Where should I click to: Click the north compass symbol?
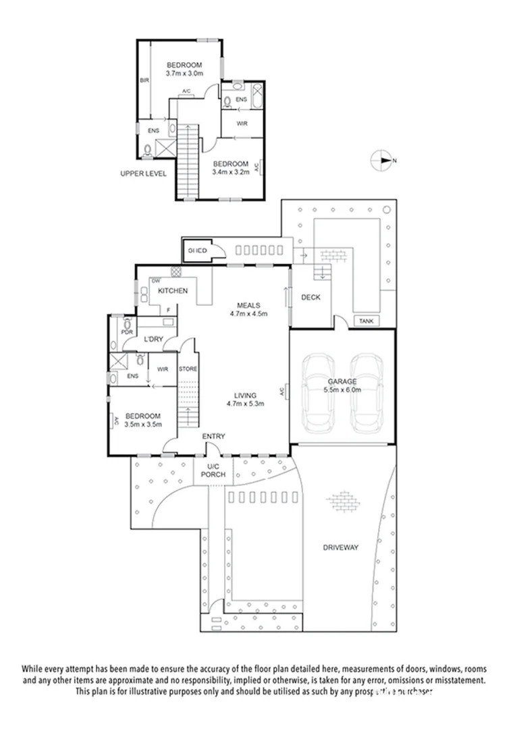pos(382,161)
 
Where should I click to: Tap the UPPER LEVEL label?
pos(142,173)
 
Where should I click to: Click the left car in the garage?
pos(318,394)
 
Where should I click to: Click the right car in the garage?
pos(365,394)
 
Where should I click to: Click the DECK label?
pos(310,298)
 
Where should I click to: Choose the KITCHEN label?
pos(173,290)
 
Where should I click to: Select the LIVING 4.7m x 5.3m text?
pos(244,399)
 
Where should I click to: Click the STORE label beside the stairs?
pos(187,369)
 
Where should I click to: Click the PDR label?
pos(126,332)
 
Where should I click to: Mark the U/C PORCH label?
pos(214,470)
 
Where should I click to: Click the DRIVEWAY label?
pos(340,547)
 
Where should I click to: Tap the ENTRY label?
pos(213,437)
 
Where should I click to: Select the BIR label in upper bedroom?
pos(144,81)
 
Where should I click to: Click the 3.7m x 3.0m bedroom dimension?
pos(184,74)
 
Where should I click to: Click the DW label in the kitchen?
pos(155,280)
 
